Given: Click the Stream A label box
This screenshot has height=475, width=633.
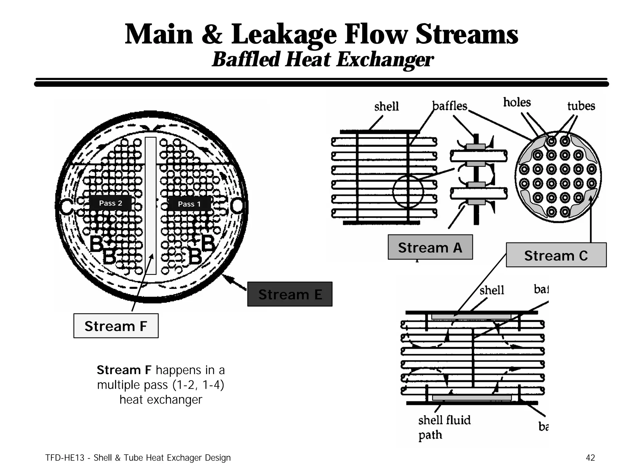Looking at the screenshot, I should click(x=430, y=247).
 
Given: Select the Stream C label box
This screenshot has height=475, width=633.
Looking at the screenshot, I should click(x=556, y=255).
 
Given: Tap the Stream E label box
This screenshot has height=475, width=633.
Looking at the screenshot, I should click(x=290, y=294).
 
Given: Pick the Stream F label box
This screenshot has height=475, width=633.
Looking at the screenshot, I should click(x=116, y=326).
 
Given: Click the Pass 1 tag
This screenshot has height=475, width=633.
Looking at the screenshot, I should click(x=189, y=204).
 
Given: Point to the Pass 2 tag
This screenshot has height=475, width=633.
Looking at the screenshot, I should click(x=110, y=203).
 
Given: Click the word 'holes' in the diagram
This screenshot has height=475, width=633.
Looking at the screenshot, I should click(x=517, y=102).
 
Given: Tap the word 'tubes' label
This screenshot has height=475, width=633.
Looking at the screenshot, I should click(x=581, y=106).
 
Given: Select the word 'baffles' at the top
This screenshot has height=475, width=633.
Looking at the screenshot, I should click(x=450, y=106).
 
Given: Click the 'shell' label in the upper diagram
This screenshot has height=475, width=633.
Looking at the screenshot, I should click(x=386, y=107).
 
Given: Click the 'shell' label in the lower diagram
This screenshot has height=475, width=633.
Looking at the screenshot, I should click(x=491, y=290).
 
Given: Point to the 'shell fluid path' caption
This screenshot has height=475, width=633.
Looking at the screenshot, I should click(x=444, y=427).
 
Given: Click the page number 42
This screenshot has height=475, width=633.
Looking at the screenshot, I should click(x=590, y=458).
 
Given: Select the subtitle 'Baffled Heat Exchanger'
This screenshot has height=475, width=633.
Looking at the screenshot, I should click(x=323, y=59).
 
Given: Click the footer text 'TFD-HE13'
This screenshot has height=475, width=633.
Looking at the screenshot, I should click(x=65, y=458).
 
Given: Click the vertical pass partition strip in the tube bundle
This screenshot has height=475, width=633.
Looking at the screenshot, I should click(x=151, y=206).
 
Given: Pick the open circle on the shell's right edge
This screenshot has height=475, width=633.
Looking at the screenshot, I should click(x=238, y=205).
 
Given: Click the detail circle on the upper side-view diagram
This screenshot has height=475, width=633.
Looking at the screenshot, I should click(x=408, y=192).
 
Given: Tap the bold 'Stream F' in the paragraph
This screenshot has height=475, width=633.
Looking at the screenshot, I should click(x=124, y=370).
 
